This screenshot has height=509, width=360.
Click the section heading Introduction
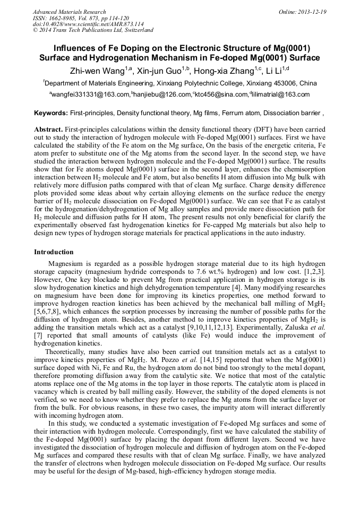click(54, 252)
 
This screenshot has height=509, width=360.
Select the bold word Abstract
click(48, 130)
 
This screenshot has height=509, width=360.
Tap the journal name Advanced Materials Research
click(69, 12)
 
